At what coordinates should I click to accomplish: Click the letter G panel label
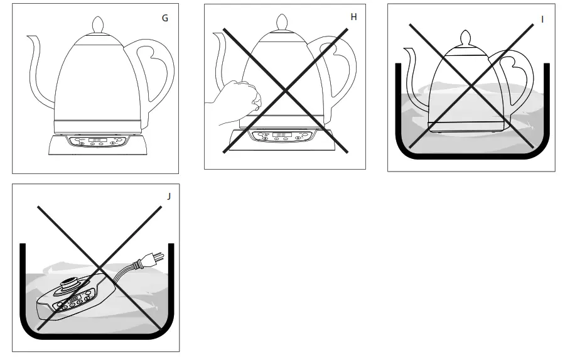(164, 18)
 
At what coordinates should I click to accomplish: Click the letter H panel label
(353, 17)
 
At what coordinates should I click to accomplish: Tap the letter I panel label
(542, 19)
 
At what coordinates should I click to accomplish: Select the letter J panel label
(168, 196)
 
